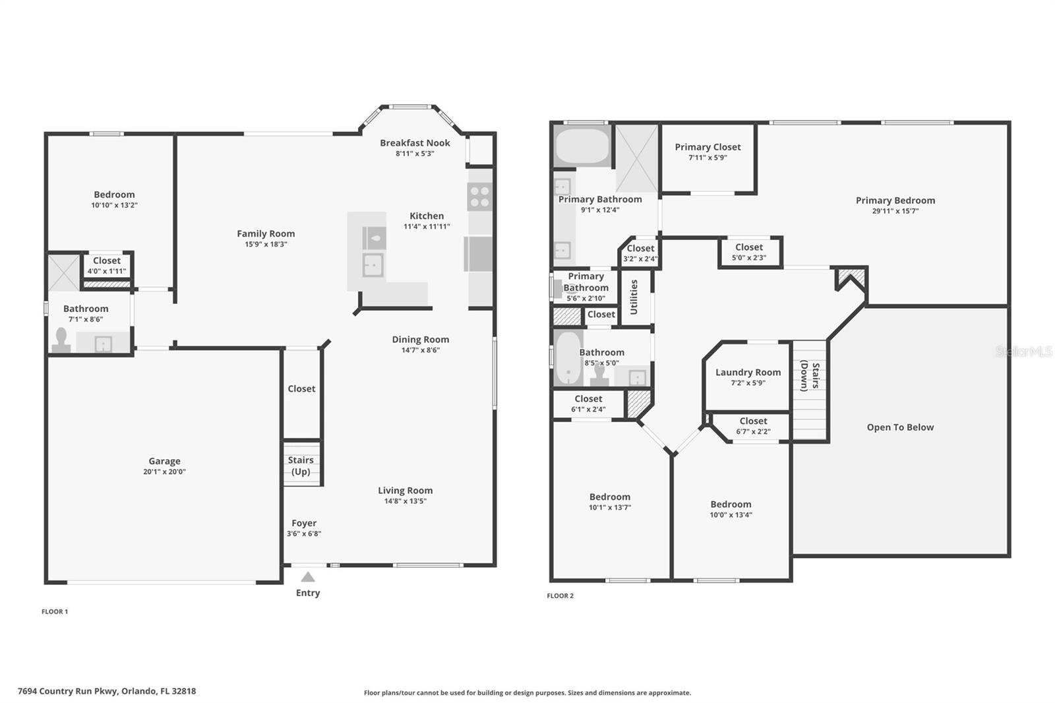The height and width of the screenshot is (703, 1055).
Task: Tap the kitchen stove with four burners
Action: (x=480, y=197)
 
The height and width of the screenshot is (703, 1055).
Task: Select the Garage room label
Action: (x=164, y=461)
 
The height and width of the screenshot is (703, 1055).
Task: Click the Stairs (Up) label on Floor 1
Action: (x=301, y=466)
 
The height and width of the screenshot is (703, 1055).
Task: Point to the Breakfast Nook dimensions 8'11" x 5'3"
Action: (x=415, y=154)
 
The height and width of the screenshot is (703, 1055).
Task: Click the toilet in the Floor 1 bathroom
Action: (x=62, y=341)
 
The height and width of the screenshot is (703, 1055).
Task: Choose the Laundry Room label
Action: (x=748, y=372)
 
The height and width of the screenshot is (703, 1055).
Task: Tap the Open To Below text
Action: (x=900, y=427)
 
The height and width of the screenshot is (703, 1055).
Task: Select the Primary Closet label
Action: (x=708, y=147)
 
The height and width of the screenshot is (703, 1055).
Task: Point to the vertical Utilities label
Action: (x=634, y=297)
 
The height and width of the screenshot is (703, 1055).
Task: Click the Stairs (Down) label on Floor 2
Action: (x=810, y=376)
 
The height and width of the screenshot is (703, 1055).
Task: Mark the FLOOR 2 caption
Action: (x=560, y=596)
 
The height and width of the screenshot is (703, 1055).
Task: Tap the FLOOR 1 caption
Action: (x=55, y=611)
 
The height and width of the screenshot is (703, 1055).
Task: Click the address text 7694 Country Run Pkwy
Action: (x=107, y=691)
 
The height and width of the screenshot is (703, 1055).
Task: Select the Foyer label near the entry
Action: (x=304, y=523)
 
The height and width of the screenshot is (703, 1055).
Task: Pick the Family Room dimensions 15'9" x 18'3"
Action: (x=266, y=244)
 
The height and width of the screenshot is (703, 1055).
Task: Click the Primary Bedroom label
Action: (x=895, y=200)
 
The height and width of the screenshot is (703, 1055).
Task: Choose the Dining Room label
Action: (x=420, y=340)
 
